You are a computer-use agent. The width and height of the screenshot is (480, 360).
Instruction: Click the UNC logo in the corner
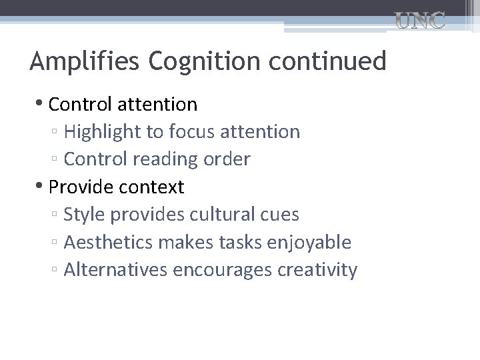click(x=420, y=21)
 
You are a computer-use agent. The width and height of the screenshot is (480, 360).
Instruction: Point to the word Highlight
click(x=103, y=132)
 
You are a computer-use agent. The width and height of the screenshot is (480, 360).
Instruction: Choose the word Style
click(x=84, y=215)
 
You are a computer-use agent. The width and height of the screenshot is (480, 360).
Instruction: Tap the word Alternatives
click(x=116, y=270)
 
